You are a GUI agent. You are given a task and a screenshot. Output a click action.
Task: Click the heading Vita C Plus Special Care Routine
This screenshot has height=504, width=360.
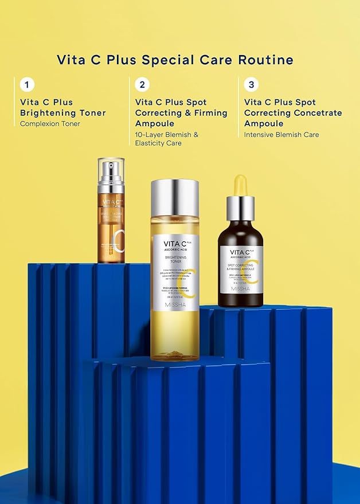point(175,60)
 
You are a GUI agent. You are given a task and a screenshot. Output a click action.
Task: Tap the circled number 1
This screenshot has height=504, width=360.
point(26,85)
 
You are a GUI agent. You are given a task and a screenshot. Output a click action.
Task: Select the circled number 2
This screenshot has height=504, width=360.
point(142,85)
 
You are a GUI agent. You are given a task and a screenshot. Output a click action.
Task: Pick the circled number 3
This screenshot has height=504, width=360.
point(251,85)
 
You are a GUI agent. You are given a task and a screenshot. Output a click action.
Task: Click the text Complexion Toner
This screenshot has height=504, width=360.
point(50,123)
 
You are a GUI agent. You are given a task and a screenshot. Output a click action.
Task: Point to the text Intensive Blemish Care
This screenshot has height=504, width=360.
point(281,135)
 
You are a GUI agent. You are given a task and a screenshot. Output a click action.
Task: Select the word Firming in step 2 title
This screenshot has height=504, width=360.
point(208,113)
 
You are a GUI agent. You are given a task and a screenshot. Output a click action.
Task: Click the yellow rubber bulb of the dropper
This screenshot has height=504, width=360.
point(240,186)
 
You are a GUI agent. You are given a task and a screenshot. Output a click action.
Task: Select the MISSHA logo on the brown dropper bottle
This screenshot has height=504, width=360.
point(241,287)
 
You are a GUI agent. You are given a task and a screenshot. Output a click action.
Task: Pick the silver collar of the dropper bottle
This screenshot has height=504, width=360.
point(240,208)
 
